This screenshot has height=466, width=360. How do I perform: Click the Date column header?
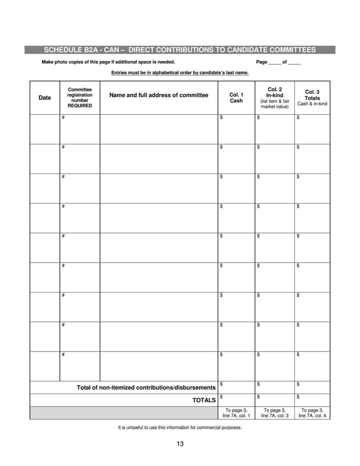(x=45, y=98)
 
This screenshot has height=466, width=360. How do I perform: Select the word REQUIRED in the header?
(x=80, y=106)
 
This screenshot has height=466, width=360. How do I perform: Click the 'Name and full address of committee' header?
(x=159, y=95)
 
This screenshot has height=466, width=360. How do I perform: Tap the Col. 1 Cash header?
(x=236, y=98)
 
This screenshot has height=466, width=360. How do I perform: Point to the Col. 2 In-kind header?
(x=275, y=98)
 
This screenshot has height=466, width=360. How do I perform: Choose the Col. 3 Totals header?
(x=312, y=98)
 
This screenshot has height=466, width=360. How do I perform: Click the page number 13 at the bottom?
(x=180, y=444)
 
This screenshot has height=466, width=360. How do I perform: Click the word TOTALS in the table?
(x=204, y=400)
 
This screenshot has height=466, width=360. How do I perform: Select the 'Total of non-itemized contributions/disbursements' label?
(x=146, y=388)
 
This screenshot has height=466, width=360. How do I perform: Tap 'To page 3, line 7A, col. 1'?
(x=236, y=413)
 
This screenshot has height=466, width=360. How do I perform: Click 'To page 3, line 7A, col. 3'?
(x=275, y=413)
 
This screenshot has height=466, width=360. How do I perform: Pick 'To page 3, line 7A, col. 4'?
(x=312, y=413)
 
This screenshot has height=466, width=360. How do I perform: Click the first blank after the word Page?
(x=275, y=63)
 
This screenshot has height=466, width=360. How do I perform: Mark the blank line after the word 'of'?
(x=294, y=63)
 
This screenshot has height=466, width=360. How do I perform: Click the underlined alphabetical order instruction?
(x=180, y=73)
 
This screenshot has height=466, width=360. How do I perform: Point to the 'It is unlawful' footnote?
(x=180, y=428)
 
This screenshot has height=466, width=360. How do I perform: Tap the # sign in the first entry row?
(x=63, y=117)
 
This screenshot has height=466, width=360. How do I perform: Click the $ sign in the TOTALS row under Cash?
(x=221, y=397)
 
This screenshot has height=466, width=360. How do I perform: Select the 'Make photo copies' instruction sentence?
(x=108, y=62)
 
